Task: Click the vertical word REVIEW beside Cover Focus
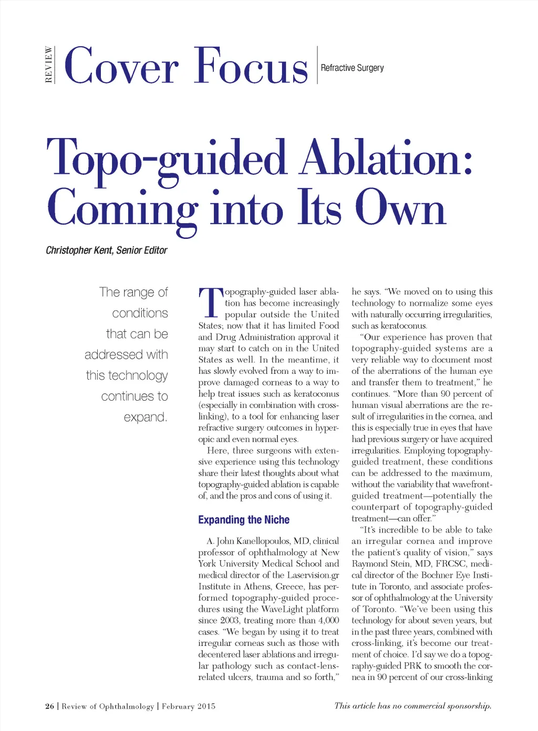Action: [49, 65]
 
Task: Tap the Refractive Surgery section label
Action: [352, 68]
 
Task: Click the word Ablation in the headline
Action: [386, 158]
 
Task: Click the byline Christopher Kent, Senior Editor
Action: [106, 250]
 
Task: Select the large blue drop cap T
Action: [210, 303]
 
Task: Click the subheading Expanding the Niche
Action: [244, 520]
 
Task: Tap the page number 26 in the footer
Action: [50, 706]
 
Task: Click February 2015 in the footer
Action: [189, 706]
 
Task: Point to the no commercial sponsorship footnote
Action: [412, 706]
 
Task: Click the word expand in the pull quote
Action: [145, 417]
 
